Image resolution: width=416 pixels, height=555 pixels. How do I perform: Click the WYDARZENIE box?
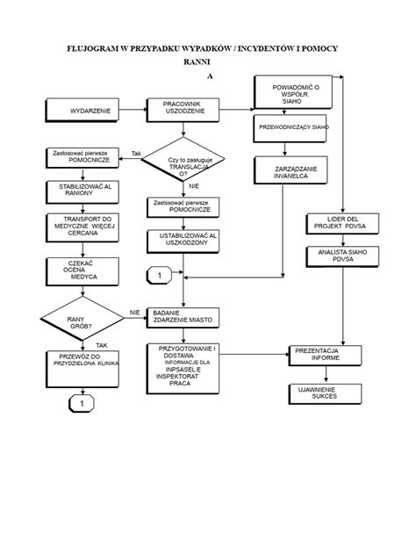82,110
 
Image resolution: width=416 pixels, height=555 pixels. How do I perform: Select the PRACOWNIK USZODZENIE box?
183,110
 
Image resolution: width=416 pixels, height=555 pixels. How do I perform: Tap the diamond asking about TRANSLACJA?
183,159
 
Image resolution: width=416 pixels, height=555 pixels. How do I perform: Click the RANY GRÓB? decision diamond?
82,318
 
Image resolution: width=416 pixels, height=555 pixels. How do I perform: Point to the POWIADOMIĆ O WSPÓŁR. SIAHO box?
293,92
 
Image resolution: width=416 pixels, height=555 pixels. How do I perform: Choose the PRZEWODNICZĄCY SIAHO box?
290,128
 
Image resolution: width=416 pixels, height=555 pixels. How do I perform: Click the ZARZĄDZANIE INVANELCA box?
290,170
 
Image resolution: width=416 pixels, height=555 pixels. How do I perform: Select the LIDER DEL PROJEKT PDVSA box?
342,223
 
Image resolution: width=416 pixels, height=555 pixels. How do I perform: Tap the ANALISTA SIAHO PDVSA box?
342,256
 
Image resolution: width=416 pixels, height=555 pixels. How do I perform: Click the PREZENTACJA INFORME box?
326,356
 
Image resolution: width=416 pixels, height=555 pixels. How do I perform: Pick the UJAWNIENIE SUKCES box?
326,393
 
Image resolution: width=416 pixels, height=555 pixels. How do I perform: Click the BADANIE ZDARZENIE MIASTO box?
183,318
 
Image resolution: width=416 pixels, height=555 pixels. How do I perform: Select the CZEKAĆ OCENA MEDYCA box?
82,271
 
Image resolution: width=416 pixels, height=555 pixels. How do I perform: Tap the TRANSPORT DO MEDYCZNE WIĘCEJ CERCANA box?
82,227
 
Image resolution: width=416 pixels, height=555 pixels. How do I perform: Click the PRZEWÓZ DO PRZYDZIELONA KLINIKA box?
82,369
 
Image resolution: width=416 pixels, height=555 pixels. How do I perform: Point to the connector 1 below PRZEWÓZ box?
82,403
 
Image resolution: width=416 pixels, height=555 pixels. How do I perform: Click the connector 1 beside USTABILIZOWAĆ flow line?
160,276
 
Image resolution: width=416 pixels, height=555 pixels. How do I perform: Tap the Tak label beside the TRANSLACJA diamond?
136,154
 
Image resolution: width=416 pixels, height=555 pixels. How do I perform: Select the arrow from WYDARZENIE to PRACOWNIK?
133,110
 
